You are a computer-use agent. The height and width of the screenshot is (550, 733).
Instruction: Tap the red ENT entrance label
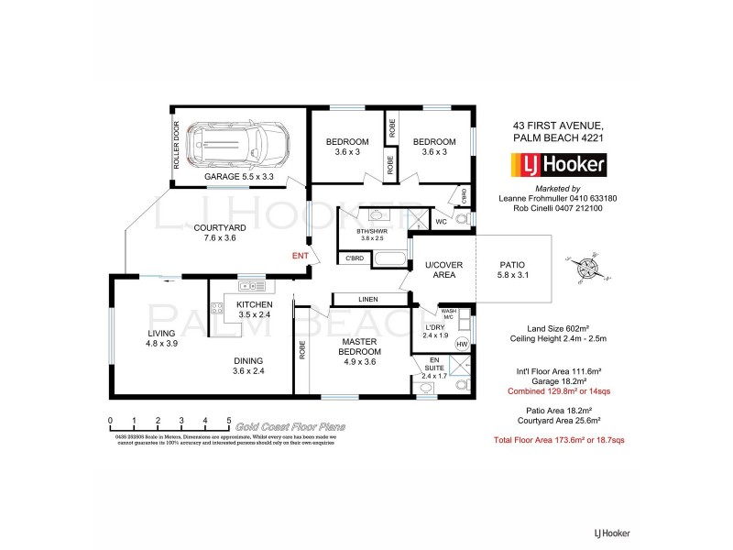300,256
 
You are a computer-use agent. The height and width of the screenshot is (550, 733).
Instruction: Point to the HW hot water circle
461,345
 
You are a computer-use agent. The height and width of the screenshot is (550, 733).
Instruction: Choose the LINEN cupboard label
370,298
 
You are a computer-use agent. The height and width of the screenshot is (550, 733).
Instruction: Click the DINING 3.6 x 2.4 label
247,366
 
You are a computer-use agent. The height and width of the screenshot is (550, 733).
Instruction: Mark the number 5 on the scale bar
228,421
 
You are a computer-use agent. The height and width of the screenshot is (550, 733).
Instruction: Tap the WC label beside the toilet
441,221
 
